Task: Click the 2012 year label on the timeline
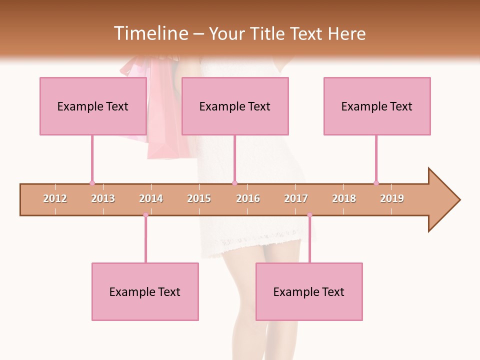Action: point(55,198)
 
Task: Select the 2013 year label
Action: point(103,198)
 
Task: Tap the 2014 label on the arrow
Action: point(151,198)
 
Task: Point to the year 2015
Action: point(199,198)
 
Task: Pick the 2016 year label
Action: point(248,198)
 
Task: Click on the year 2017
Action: point(296,198)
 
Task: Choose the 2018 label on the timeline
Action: point(344,198)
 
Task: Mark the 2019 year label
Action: point(392,198)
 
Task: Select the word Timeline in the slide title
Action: point(150,33)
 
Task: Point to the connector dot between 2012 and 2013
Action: point(92,183)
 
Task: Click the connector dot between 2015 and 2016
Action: point(234,183)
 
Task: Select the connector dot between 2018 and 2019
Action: point(376,183)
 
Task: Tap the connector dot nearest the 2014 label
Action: point(145,215)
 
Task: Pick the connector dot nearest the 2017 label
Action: point(309,215)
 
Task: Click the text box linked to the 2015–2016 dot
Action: point(235,106)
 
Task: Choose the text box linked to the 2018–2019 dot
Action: point(377,106)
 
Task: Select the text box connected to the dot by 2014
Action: point(145,291)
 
